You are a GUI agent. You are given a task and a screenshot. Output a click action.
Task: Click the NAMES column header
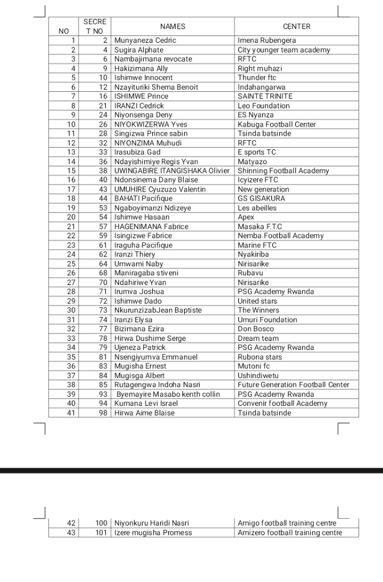pos(173,26)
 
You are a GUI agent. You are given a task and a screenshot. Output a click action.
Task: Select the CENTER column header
pos(296,26)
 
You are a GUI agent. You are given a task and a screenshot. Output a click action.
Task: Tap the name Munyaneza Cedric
pos(145,40)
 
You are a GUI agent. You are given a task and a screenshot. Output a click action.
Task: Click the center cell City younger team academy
pos(283,50)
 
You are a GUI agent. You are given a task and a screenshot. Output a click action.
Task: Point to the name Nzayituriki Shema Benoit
pos(156,87)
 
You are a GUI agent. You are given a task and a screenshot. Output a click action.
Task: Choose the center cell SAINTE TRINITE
pos(265,96)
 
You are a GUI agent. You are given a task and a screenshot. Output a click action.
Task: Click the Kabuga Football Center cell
pos(276,124)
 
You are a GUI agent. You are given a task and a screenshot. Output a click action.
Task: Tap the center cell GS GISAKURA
pos(261,198)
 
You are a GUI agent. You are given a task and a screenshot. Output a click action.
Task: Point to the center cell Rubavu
pos(250,273)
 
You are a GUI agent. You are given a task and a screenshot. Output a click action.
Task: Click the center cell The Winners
pos(258,310)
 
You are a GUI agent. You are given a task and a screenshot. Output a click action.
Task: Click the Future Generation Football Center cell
pos(293,385)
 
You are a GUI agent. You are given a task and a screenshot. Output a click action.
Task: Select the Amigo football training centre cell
pos(287,523)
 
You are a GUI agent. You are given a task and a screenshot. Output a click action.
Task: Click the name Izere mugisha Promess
pos(153,533)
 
